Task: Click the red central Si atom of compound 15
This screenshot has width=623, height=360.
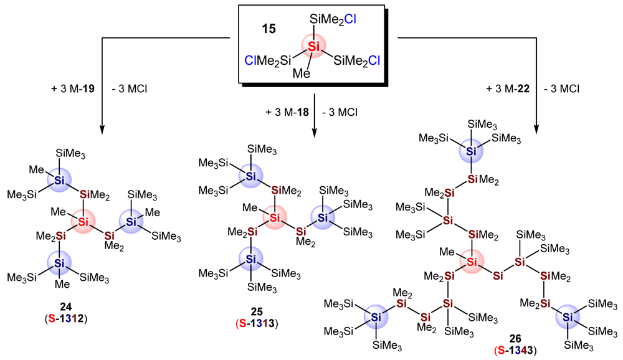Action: click(315, 45)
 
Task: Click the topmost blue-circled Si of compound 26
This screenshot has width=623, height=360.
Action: click(471, 151)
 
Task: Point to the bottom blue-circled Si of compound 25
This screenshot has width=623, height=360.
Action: click(250, 258)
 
